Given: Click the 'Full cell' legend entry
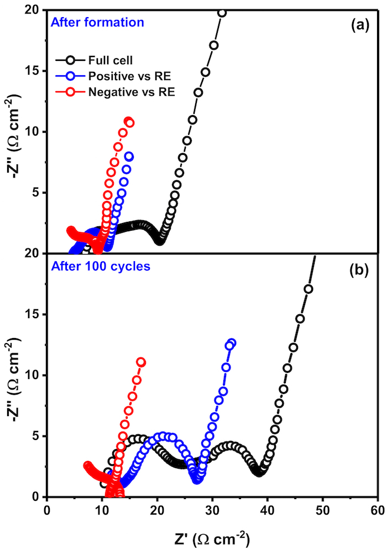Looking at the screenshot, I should click(x=107, y=60).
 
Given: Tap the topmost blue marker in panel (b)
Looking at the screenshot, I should click(x=231, y=343).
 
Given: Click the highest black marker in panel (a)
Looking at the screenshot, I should click(x=222, y=13).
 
